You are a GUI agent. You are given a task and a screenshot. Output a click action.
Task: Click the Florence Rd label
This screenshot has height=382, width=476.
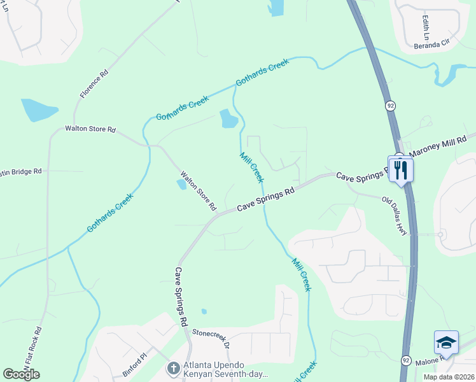pos(94,83)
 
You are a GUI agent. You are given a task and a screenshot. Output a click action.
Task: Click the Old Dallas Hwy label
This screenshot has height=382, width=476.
pos(398,216)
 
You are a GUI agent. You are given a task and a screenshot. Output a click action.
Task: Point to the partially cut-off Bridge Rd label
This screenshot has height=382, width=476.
pos(20,172)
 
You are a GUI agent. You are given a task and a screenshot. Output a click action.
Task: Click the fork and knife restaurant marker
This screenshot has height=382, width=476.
pos(401,170)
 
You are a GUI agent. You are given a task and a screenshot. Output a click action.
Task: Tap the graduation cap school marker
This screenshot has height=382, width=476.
pos(446,344)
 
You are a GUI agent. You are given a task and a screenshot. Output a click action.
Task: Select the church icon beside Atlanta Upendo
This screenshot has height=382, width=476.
pos(172,367)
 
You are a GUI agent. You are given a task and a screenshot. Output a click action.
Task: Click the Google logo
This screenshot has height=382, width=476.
pos(21,374)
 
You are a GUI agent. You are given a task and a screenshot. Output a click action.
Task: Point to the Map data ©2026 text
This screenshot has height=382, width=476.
pos(448,377)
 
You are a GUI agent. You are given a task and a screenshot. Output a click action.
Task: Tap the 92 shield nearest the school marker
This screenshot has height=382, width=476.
pos(406,360)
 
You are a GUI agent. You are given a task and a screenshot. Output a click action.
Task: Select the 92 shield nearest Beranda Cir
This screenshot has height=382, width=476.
pos(388,104)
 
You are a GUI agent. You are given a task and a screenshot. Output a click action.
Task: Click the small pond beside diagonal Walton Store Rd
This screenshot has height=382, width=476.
pos(181,185)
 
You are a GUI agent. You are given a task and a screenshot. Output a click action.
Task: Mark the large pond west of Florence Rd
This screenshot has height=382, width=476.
pos(39,110)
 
